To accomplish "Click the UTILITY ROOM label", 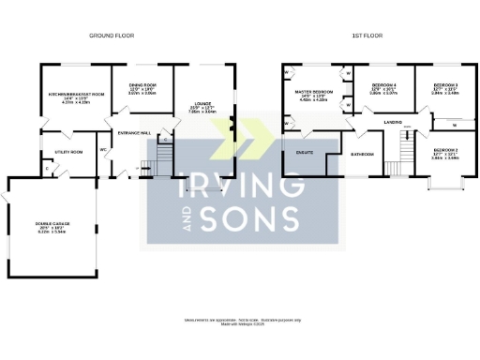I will coord(70,150).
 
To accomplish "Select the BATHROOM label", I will coord(362,153).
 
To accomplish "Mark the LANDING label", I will coord(393,121).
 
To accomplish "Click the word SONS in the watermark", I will coord(253,218).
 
